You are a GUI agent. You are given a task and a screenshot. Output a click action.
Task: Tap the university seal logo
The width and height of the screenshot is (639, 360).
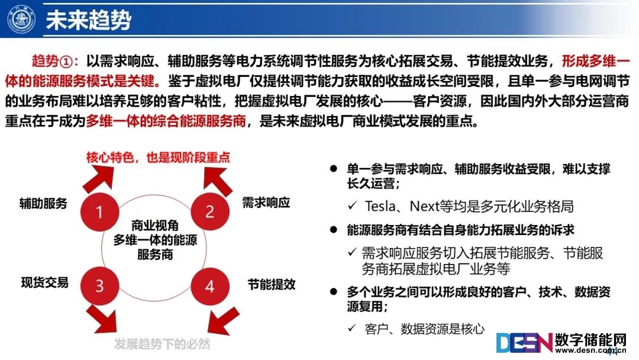(x=21, y=20)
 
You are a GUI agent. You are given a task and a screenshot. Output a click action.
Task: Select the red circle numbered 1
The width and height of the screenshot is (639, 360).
(x=99, y=212)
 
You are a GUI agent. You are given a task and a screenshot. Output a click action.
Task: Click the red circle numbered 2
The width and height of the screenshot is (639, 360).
(x=209, y=212)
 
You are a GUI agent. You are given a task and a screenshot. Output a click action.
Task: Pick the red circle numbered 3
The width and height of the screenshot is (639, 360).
(x=99, y=286)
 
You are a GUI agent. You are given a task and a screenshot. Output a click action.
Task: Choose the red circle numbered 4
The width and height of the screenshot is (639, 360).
(x=209, y=286)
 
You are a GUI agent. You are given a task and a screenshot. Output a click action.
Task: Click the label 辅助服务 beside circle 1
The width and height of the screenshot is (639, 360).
(x=44, y=204)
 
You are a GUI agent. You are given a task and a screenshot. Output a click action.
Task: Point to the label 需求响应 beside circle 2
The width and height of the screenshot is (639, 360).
(x=266, y=202)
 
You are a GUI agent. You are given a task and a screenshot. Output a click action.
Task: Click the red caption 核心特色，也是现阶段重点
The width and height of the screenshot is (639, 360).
(x=158, y=157)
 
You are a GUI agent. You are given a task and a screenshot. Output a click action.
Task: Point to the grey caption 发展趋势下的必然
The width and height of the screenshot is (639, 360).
(x=163, y=344)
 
